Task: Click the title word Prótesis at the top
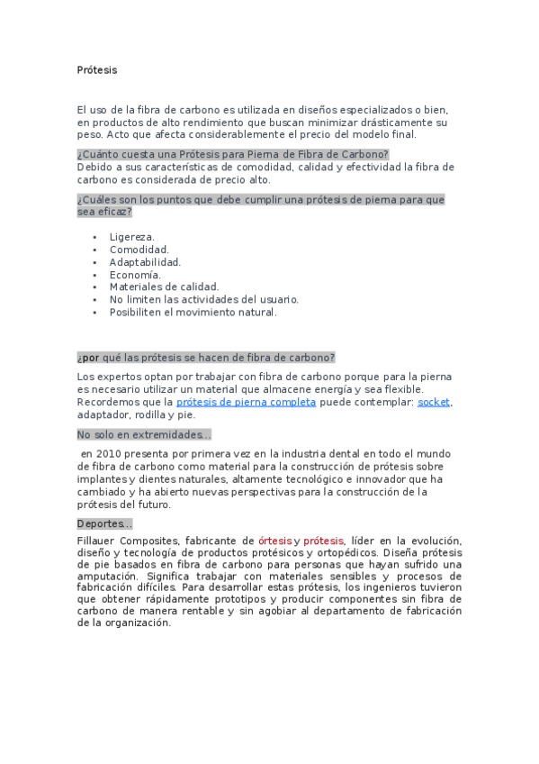coord(97,70)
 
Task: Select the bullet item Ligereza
coord(132,237)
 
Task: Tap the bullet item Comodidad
coord(139,250)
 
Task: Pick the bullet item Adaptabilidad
coord(145,262)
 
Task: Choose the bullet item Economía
coord(136,275)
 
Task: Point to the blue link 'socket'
coord(434,402)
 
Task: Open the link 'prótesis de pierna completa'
coord(246,402)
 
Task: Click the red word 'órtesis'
coord(274,541)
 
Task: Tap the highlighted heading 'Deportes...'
coord(104,524)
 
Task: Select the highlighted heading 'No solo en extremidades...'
coord(144,434)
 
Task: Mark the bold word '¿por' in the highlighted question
coord(88,357)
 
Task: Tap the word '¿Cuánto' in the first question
coord(97,154)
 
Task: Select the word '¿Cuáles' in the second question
coord(96,199)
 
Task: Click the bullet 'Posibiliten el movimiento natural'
coord(193,313)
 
